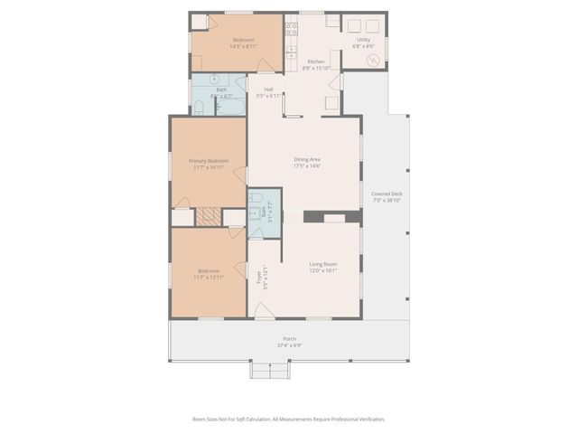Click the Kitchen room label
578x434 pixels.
coord(315,61)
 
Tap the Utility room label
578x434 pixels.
coord(363,40)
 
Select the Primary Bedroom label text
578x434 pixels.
coord(209,161)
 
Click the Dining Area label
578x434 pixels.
coord(307,160)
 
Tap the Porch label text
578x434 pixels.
coord(289,338)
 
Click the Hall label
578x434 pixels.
coord(268,89)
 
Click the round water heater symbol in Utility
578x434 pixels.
coord(372,60)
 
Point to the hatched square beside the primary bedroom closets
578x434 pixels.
coord(209,217)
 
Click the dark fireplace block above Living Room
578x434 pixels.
coord(314,217)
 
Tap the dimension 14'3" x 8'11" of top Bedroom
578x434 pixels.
coord(244,46)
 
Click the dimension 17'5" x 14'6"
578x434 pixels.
coord(307,166)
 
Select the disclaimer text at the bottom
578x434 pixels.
coord(289,419)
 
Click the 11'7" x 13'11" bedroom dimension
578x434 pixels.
coord(209,278)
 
